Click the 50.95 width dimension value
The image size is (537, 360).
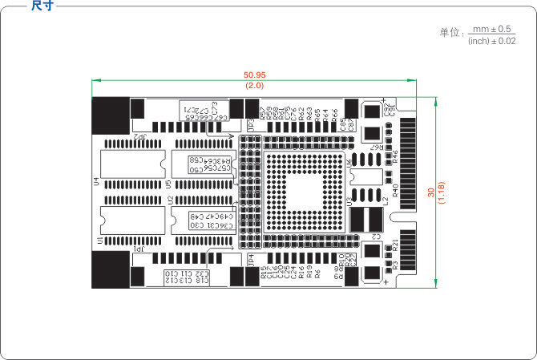pos(255,75)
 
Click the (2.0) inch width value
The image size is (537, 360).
pos(255,85)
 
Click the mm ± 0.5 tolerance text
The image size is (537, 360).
pos(492,29)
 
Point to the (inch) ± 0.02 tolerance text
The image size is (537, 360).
pos(491,40)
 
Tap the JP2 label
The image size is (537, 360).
pos(140,138)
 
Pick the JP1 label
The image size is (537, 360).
pos(140,250)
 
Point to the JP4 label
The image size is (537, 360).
pos(251,261)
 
